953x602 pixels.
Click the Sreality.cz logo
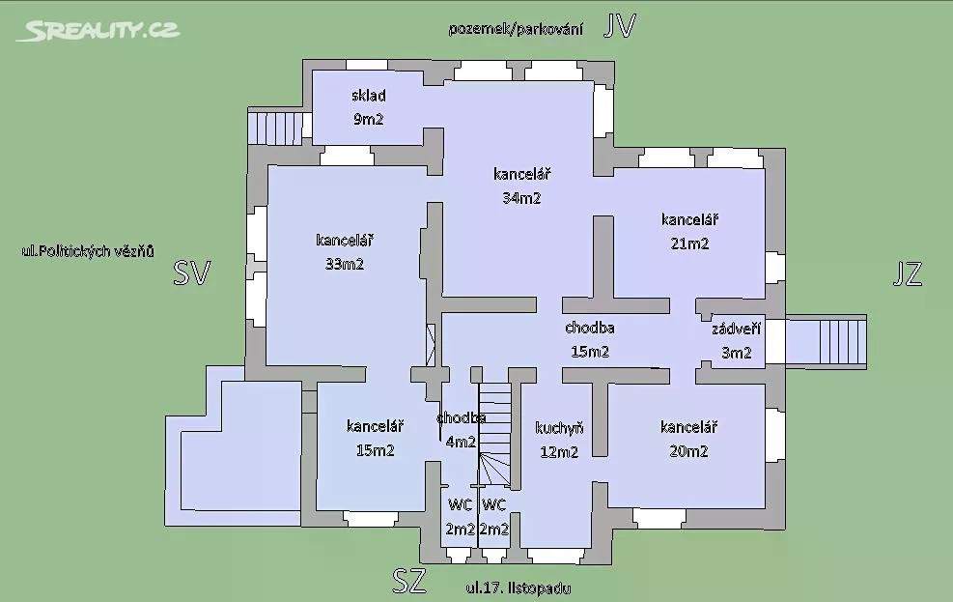coord(98,30)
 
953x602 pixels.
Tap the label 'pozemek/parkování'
coord(516,29)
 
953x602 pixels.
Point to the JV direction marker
coord(619,26)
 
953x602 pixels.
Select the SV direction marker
coord(192,273)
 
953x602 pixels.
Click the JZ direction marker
coord(908,273)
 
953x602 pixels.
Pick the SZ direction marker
coord(409,581)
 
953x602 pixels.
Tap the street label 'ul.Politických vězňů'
coord(88,251)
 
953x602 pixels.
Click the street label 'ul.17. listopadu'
coord(519,588)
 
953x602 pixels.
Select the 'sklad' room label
coord(369,96)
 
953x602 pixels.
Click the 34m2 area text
coord(522,198)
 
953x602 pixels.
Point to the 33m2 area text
coord(345,264)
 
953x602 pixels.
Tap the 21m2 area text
coord(689,244)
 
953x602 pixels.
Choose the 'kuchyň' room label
coord(560,429)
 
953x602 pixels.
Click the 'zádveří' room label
coord(737,329)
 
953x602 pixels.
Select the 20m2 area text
coord(688,451)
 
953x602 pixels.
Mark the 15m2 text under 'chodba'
coord(590,352)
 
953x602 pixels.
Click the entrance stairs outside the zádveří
coord(827,342)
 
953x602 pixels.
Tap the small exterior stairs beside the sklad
coord(275,128)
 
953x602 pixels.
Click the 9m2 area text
coord(369,119)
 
